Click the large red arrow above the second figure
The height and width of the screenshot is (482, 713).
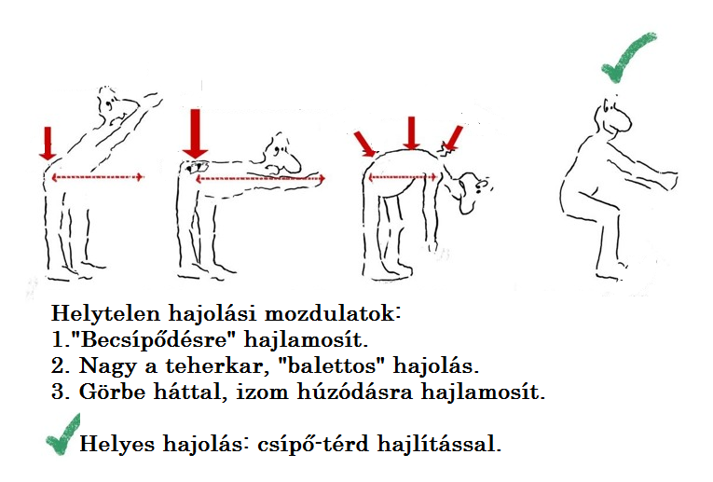coord(195,133)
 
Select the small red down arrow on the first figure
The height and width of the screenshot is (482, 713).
coord(48,144)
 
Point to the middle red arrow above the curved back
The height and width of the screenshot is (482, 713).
coord(412,132)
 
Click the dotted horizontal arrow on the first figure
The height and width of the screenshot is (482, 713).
coord(97,177)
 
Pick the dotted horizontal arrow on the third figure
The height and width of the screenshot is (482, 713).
coord(403,177)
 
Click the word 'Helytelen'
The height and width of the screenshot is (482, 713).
coord(105,313)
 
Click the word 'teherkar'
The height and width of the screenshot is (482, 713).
coord(214,365)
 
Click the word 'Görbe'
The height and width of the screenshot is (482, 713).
coord(112,392)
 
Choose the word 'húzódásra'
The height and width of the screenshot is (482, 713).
coord(355,392)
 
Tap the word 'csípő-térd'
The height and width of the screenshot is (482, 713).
coord(313,444)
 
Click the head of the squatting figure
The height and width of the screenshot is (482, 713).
coord(613,117)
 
